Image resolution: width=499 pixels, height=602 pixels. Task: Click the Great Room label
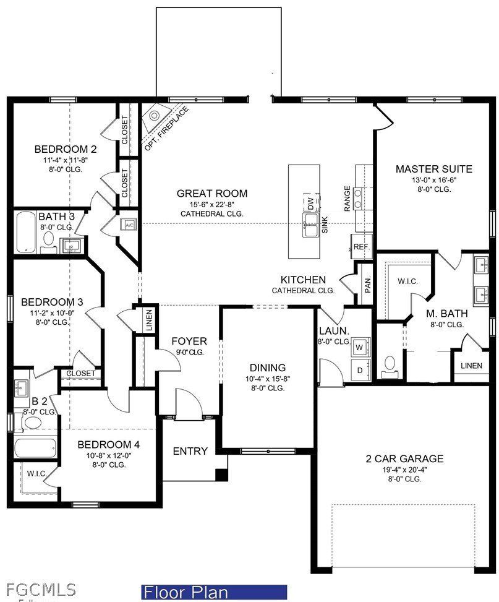211,194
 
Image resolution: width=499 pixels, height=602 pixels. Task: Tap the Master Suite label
433,168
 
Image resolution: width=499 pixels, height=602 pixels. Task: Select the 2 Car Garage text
404,458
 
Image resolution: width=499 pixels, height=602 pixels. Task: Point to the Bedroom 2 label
66,149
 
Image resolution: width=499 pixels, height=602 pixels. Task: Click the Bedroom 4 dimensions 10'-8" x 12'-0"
108,455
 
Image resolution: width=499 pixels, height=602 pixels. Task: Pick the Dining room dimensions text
268,378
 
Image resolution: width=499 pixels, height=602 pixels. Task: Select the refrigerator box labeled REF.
361,246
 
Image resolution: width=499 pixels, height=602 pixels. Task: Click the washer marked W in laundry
359,348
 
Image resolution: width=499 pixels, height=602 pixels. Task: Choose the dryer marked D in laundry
359,370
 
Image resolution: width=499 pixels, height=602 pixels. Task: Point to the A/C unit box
130,225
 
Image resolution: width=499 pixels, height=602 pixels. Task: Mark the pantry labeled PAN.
367,285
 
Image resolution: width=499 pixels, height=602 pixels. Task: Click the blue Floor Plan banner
214,592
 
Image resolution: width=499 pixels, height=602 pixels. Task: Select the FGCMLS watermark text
39,589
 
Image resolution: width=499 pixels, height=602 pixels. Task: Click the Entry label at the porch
190,451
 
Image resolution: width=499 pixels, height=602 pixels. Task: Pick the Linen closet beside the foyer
148,320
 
